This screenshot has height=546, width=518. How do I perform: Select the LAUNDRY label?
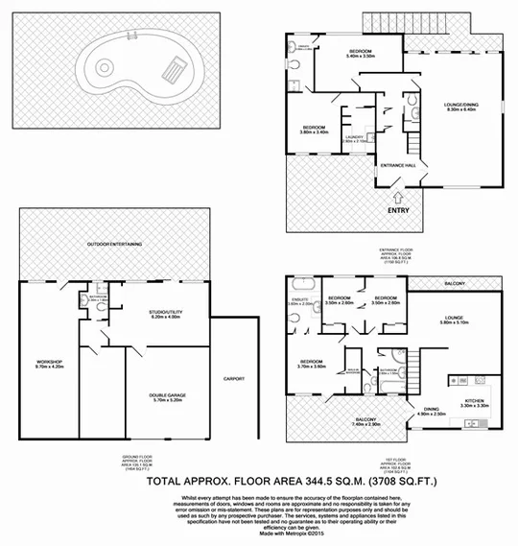pos(353,139)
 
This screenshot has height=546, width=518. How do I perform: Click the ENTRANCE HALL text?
pos(398,166)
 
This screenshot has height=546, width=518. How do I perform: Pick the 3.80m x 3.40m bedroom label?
pos(314,130)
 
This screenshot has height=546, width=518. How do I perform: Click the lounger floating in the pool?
pos(173,69)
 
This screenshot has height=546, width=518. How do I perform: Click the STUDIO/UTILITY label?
pos(165,315)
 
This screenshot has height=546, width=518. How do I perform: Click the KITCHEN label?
pos(475,403)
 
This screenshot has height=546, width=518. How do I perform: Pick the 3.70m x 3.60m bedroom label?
pos(313,364)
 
